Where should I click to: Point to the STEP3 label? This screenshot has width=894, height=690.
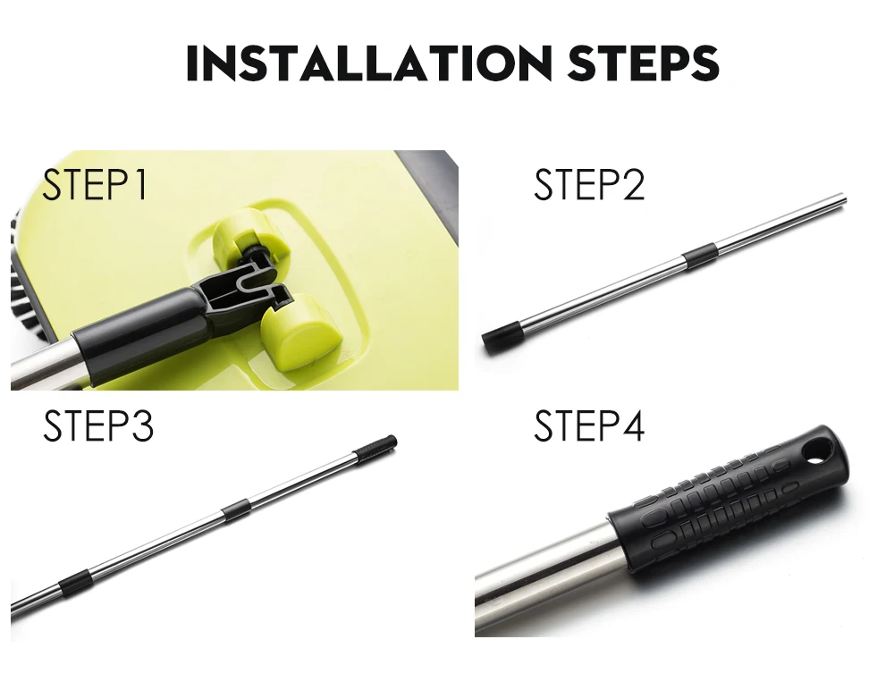click(x=98, y=425)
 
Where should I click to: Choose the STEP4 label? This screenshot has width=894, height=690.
click(x=589, y=425)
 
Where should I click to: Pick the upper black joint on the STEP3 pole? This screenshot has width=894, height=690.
click(x=236, y=509)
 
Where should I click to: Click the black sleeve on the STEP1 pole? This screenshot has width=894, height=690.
click(x=142, y=329)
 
